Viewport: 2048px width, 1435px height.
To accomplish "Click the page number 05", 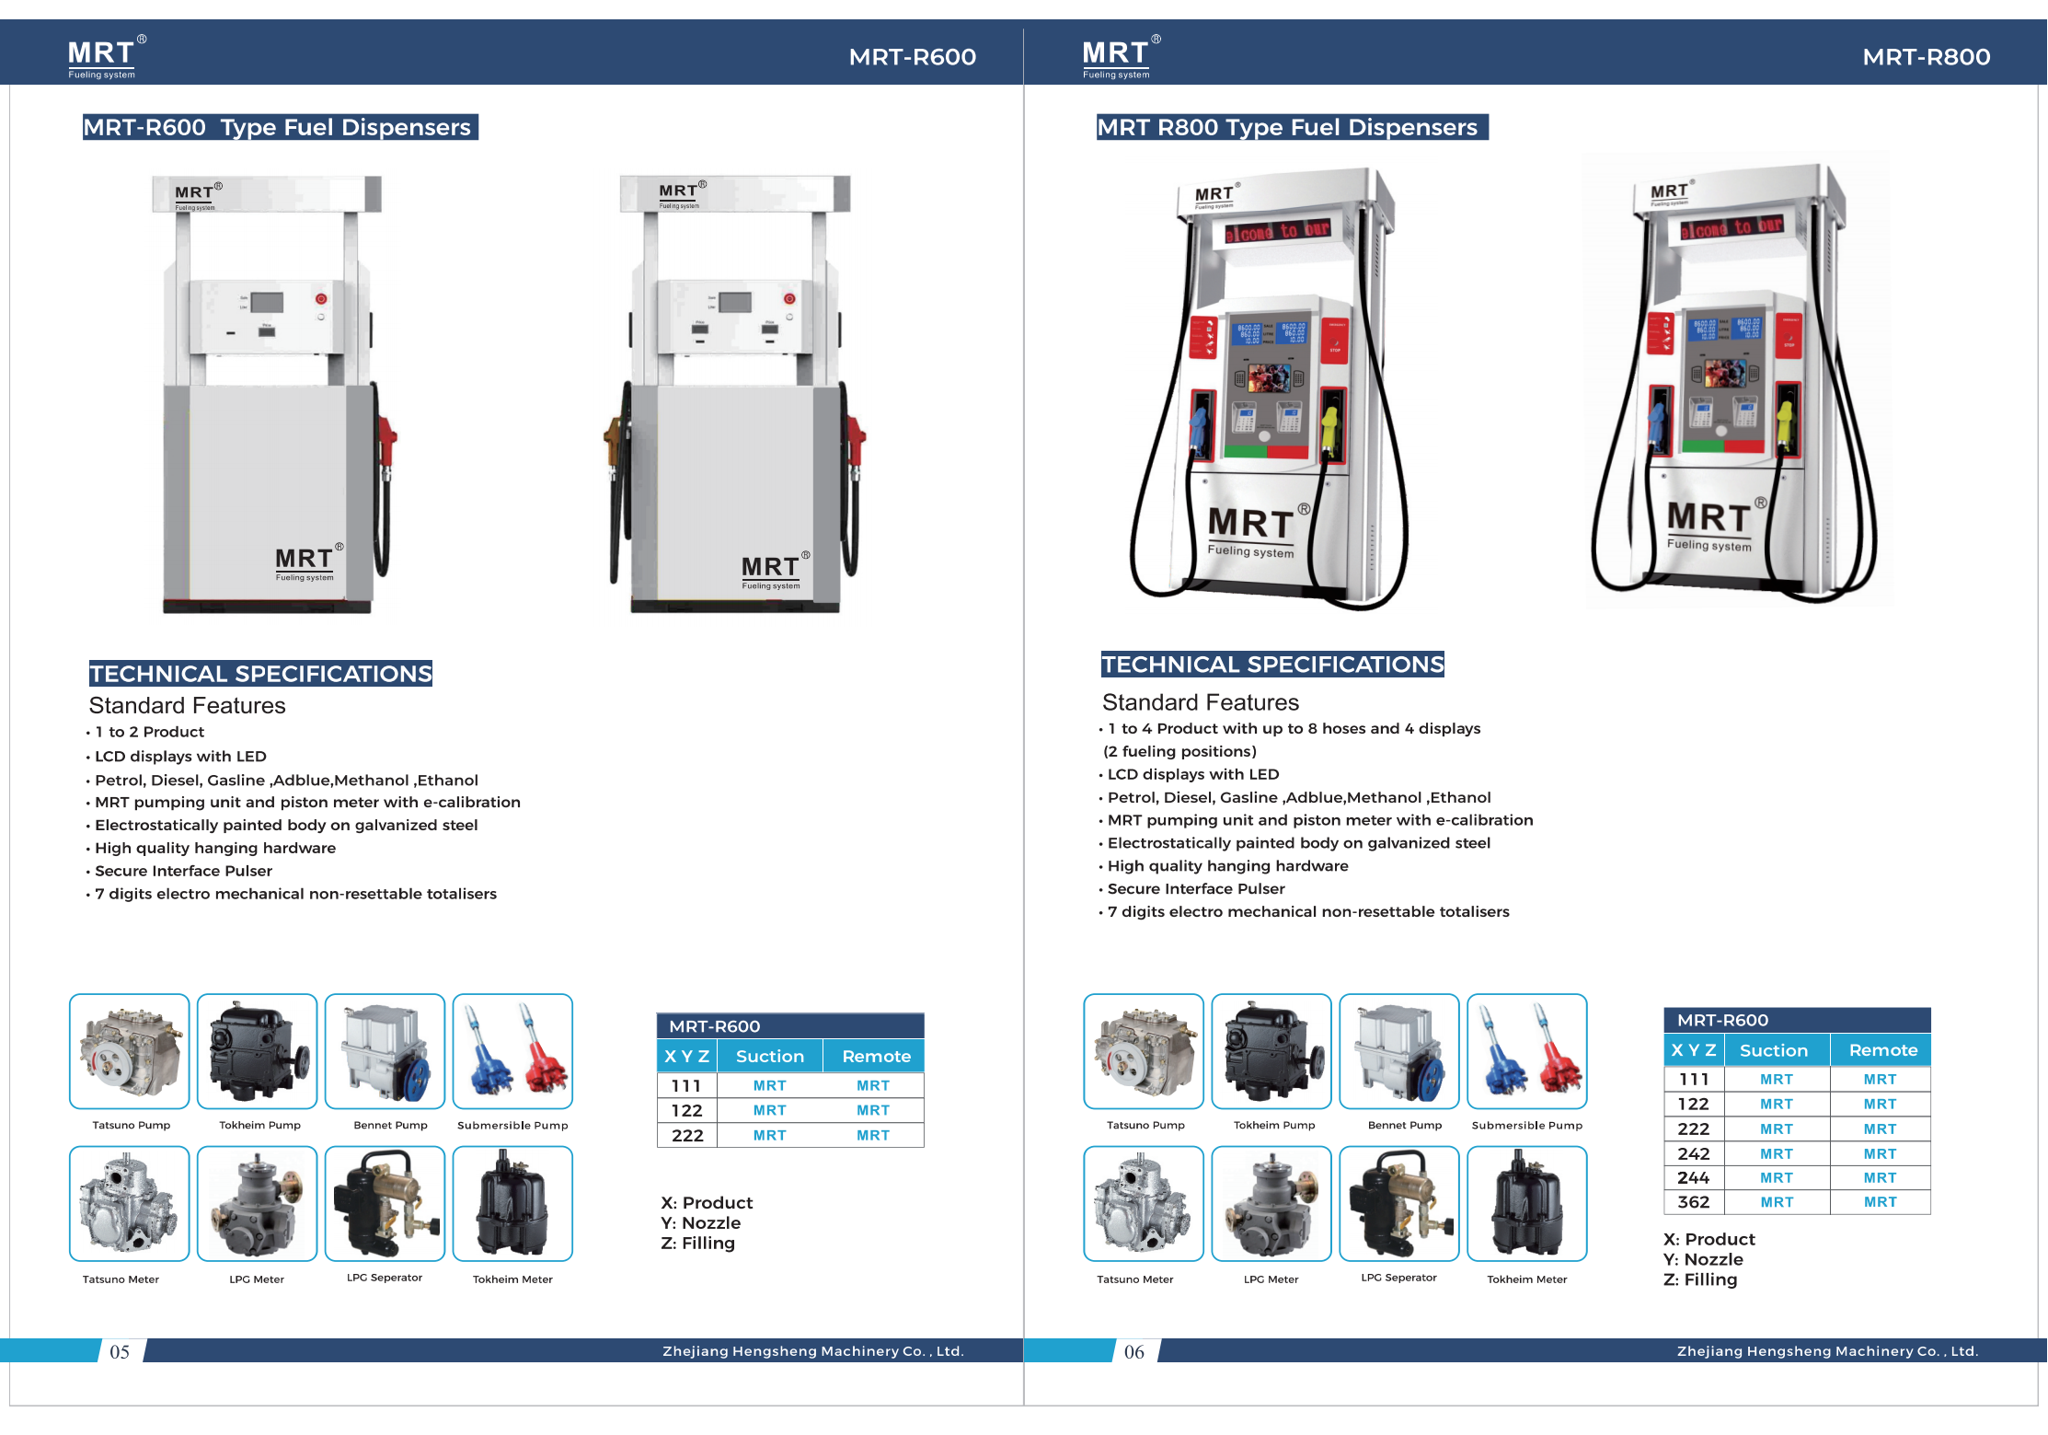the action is [120, 1351].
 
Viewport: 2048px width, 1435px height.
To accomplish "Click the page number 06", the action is [1134, 1351].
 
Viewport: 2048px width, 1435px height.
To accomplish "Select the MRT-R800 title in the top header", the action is [1927, 57].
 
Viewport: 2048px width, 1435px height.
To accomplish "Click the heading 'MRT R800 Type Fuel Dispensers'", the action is [1287, 127].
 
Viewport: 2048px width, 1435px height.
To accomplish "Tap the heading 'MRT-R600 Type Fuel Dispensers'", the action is [277, 127].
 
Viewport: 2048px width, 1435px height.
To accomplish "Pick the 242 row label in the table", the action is [1693, 1153].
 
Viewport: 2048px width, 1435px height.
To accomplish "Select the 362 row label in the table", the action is [1693, 1202].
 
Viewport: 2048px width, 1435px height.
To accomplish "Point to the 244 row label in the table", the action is [1693, 1177].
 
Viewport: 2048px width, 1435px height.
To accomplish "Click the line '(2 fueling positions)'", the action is [1179, 751].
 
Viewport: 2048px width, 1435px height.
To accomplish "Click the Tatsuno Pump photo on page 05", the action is [130, 1051].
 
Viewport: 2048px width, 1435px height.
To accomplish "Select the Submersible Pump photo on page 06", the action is [1527, 1051].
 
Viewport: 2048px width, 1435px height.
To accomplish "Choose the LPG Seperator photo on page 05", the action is [385, 1203].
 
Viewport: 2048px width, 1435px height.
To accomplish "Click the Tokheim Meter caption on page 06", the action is [1527, 1279].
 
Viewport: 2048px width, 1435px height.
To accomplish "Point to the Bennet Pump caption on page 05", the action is [391, 1125].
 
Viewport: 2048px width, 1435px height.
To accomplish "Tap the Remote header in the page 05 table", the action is [876, 1057].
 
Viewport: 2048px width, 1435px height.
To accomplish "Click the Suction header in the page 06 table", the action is [1774, 1050].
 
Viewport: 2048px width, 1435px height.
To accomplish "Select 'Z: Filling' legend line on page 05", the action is [697, 1244].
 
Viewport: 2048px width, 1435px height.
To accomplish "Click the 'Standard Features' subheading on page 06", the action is [1201, 702].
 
